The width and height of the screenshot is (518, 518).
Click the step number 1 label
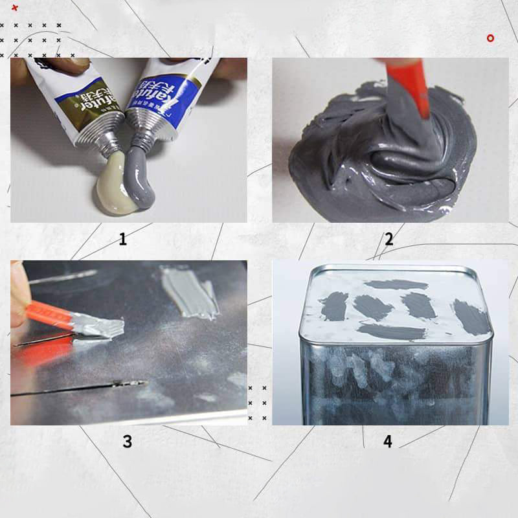click(x=122, y=240)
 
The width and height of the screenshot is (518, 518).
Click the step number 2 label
click(x=388, y=240)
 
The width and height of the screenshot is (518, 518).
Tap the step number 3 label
click(x=127, y=442)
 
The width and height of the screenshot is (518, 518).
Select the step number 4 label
click(x=387, y=442)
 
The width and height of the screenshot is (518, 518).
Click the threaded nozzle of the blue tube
click(x=144, y=135)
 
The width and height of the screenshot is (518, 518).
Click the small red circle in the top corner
click(x=490, y=38)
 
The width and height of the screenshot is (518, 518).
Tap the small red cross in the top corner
click(x=15, y=8)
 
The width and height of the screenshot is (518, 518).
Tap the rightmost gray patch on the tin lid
click(x=471, y=318)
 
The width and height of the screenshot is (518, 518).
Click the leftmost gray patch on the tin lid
click(x=334, y=306)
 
